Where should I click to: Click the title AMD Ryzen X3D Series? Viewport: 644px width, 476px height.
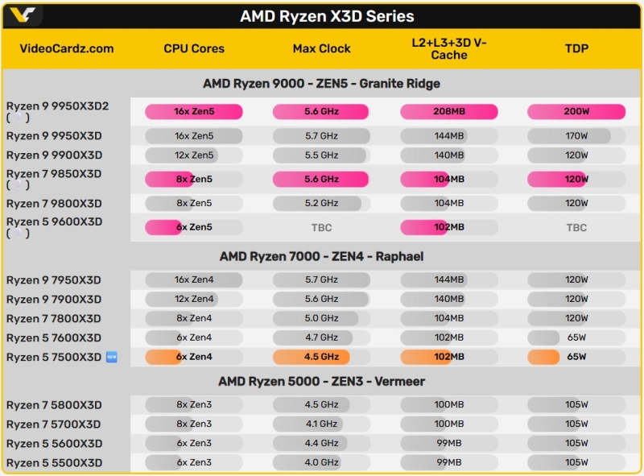point(327,16)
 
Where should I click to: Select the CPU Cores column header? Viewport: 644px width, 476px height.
point(193,48)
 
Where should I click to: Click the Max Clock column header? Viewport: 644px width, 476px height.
point(321,48)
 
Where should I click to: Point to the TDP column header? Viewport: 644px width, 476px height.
point(576,48)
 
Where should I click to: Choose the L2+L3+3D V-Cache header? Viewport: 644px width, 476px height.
point(448,48)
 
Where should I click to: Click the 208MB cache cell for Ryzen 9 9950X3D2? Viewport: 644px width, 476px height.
point(448,111)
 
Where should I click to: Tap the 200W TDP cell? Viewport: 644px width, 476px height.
point(576,111)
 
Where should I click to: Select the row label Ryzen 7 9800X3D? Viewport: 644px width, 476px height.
point(54,204)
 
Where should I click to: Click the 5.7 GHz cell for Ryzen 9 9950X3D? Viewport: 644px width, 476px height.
point(321,136)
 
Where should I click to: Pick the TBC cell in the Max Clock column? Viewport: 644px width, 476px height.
point(321,228)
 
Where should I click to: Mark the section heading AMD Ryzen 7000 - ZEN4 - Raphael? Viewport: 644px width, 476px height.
point(321,256)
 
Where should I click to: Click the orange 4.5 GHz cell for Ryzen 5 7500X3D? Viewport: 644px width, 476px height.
point(321,357)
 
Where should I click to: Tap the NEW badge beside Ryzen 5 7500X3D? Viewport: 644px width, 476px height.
point(111,357)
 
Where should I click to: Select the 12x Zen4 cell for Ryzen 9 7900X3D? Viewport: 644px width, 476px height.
point(193,299)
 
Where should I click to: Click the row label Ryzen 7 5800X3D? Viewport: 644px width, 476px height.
point(54,405)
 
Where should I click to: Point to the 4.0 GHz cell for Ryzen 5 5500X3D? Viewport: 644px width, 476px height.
point(321,462)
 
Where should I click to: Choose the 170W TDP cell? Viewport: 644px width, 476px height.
point(576,136)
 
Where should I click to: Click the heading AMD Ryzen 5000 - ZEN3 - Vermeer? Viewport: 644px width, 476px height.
point(321,381)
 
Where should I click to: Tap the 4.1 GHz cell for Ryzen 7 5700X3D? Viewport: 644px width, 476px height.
point(321,424)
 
